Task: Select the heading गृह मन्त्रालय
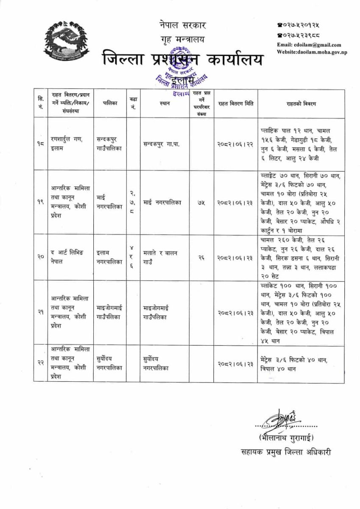[180, 39]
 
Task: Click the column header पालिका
[109, 103]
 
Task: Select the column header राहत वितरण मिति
[236, 103]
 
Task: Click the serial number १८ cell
[41, 144]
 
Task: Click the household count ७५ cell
[201, 203]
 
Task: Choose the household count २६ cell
[201, 257]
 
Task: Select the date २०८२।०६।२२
[236, 144]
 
